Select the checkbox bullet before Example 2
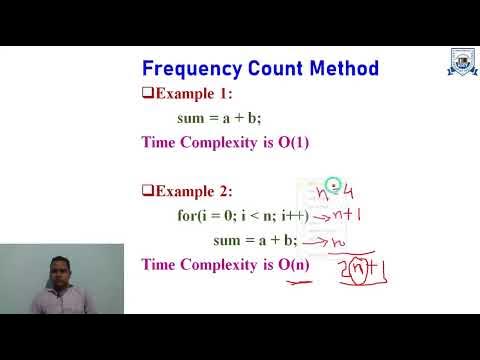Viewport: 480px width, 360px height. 147,191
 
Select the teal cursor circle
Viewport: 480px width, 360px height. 334,185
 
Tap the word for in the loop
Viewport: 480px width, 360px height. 187,215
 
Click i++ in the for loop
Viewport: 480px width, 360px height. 291,215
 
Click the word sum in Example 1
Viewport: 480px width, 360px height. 191,118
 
